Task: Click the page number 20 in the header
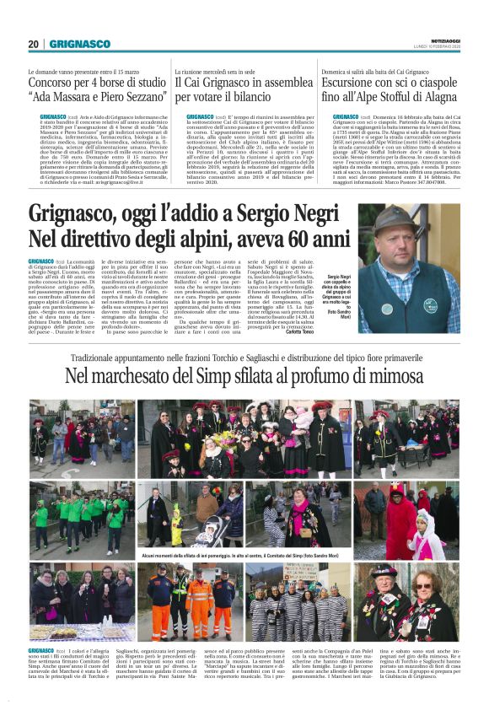click(34, 44)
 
